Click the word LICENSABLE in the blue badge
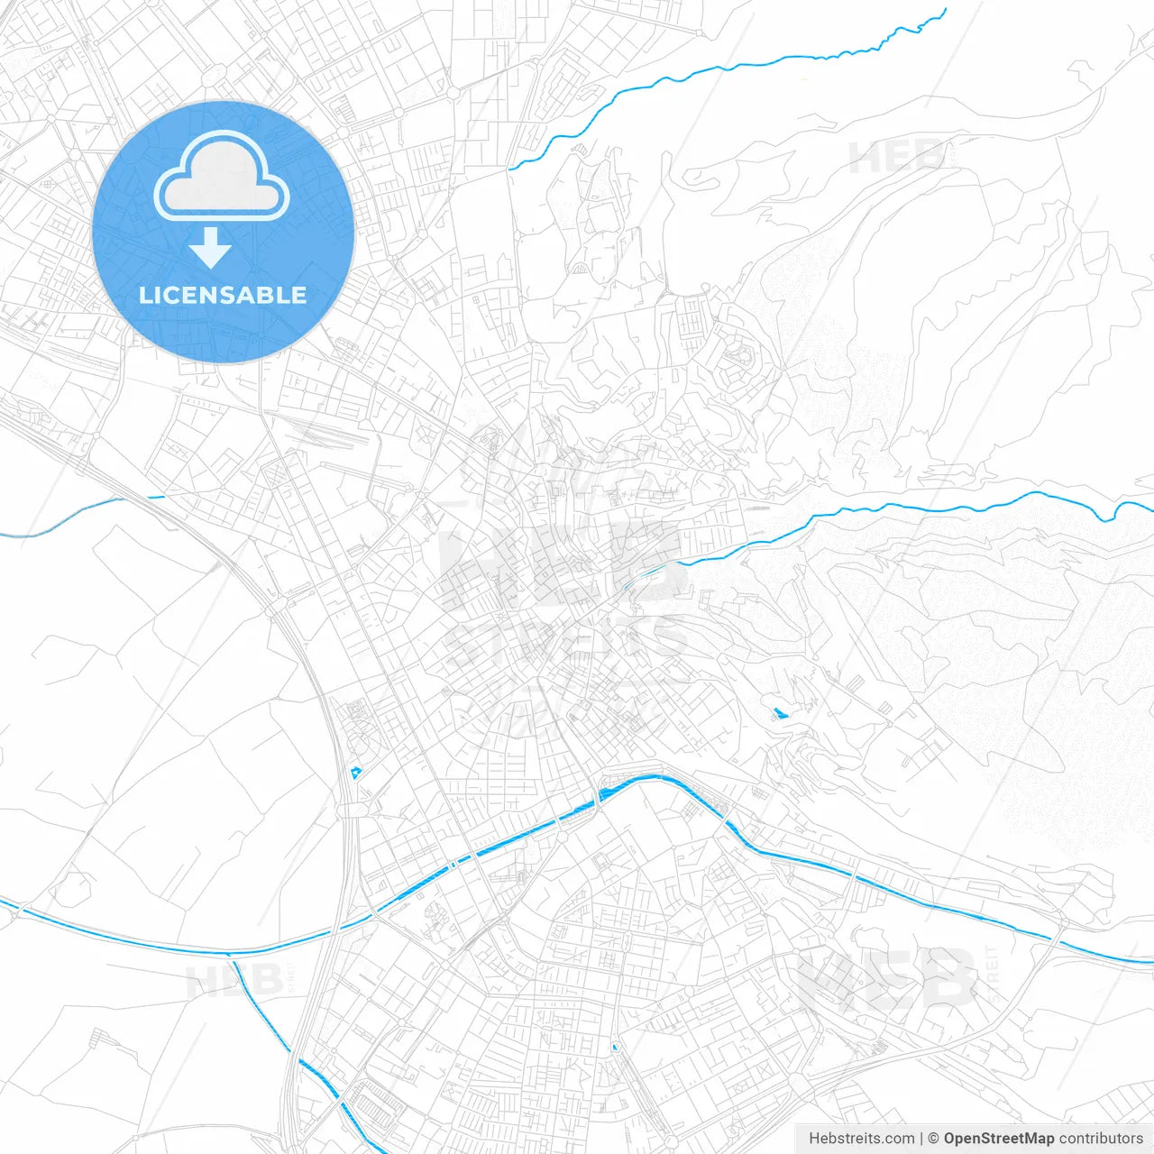coord(223,295)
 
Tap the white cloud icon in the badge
coord(222,176)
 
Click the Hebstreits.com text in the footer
coord(862,1139)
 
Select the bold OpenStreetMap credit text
coord(999,1139)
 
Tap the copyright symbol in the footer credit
coord(933,1139)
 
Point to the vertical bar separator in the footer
coord(921,1139)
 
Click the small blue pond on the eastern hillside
coord(780,714)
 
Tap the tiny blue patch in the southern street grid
coord(616,1047)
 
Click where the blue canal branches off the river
coord(232,954)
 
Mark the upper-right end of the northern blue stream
coord(945,11)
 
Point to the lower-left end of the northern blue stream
coord(511,168)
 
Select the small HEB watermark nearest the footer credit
coord(888,978)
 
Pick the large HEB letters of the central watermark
coord(559,563)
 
